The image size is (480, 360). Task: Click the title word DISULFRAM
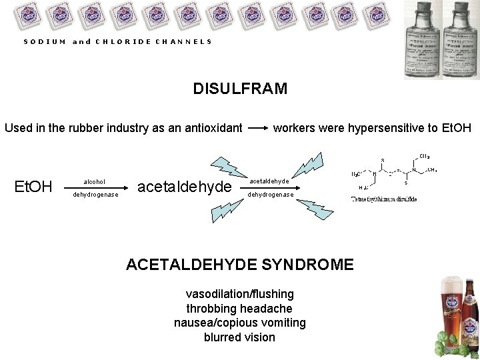240,89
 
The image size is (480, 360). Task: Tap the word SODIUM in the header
45,41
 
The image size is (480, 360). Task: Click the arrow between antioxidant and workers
257,127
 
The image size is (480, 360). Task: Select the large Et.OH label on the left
33,187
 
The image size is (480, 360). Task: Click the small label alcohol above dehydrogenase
94,181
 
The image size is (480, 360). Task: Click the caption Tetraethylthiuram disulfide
385,199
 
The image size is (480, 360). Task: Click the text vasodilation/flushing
239,294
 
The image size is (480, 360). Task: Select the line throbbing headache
239,309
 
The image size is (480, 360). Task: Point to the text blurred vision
239,337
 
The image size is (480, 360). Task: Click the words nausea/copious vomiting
239,323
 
